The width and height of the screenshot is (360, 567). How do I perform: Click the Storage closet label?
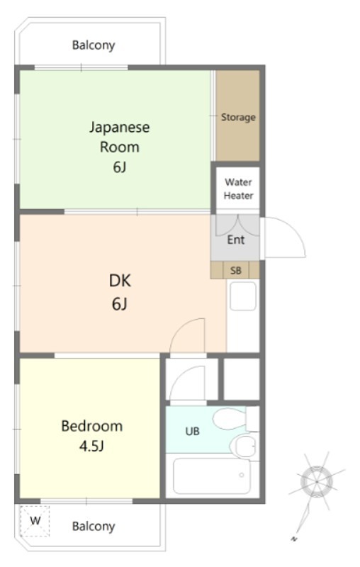tap(238, 117)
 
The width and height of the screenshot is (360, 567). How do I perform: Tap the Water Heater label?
tap(238, 189)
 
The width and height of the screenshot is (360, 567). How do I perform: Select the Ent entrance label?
tap(236, 240)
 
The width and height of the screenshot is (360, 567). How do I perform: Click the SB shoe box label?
tap(236, 270)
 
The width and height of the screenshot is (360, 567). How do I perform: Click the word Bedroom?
tap(92, 426)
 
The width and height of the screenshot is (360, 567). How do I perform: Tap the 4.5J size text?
tap(92, 447)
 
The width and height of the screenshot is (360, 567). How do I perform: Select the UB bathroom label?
tap(192, 431)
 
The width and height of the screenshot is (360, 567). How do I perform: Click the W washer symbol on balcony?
tap(35, 521)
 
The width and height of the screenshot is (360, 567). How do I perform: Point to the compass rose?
tap(316, 482)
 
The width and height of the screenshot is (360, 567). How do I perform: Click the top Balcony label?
tap(94, 45)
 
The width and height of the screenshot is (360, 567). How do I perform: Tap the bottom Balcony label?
tap(94, 526)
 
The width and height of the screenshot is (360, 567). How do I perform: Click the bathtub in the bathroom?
tap(211, 476)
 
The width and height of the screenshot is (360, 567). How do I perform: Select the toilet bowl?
tap(229, 419)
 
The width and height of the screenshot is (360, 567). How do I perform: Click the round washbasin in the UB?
tap(243, 447)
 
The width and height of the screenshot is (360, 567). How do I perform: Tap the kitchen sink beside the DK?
tap(243, 296)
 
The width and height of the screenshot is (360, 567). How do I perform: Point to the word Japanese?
tap(119, 128)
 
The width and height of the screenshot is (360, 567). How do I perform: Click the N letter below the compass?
tap(294, 539)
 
